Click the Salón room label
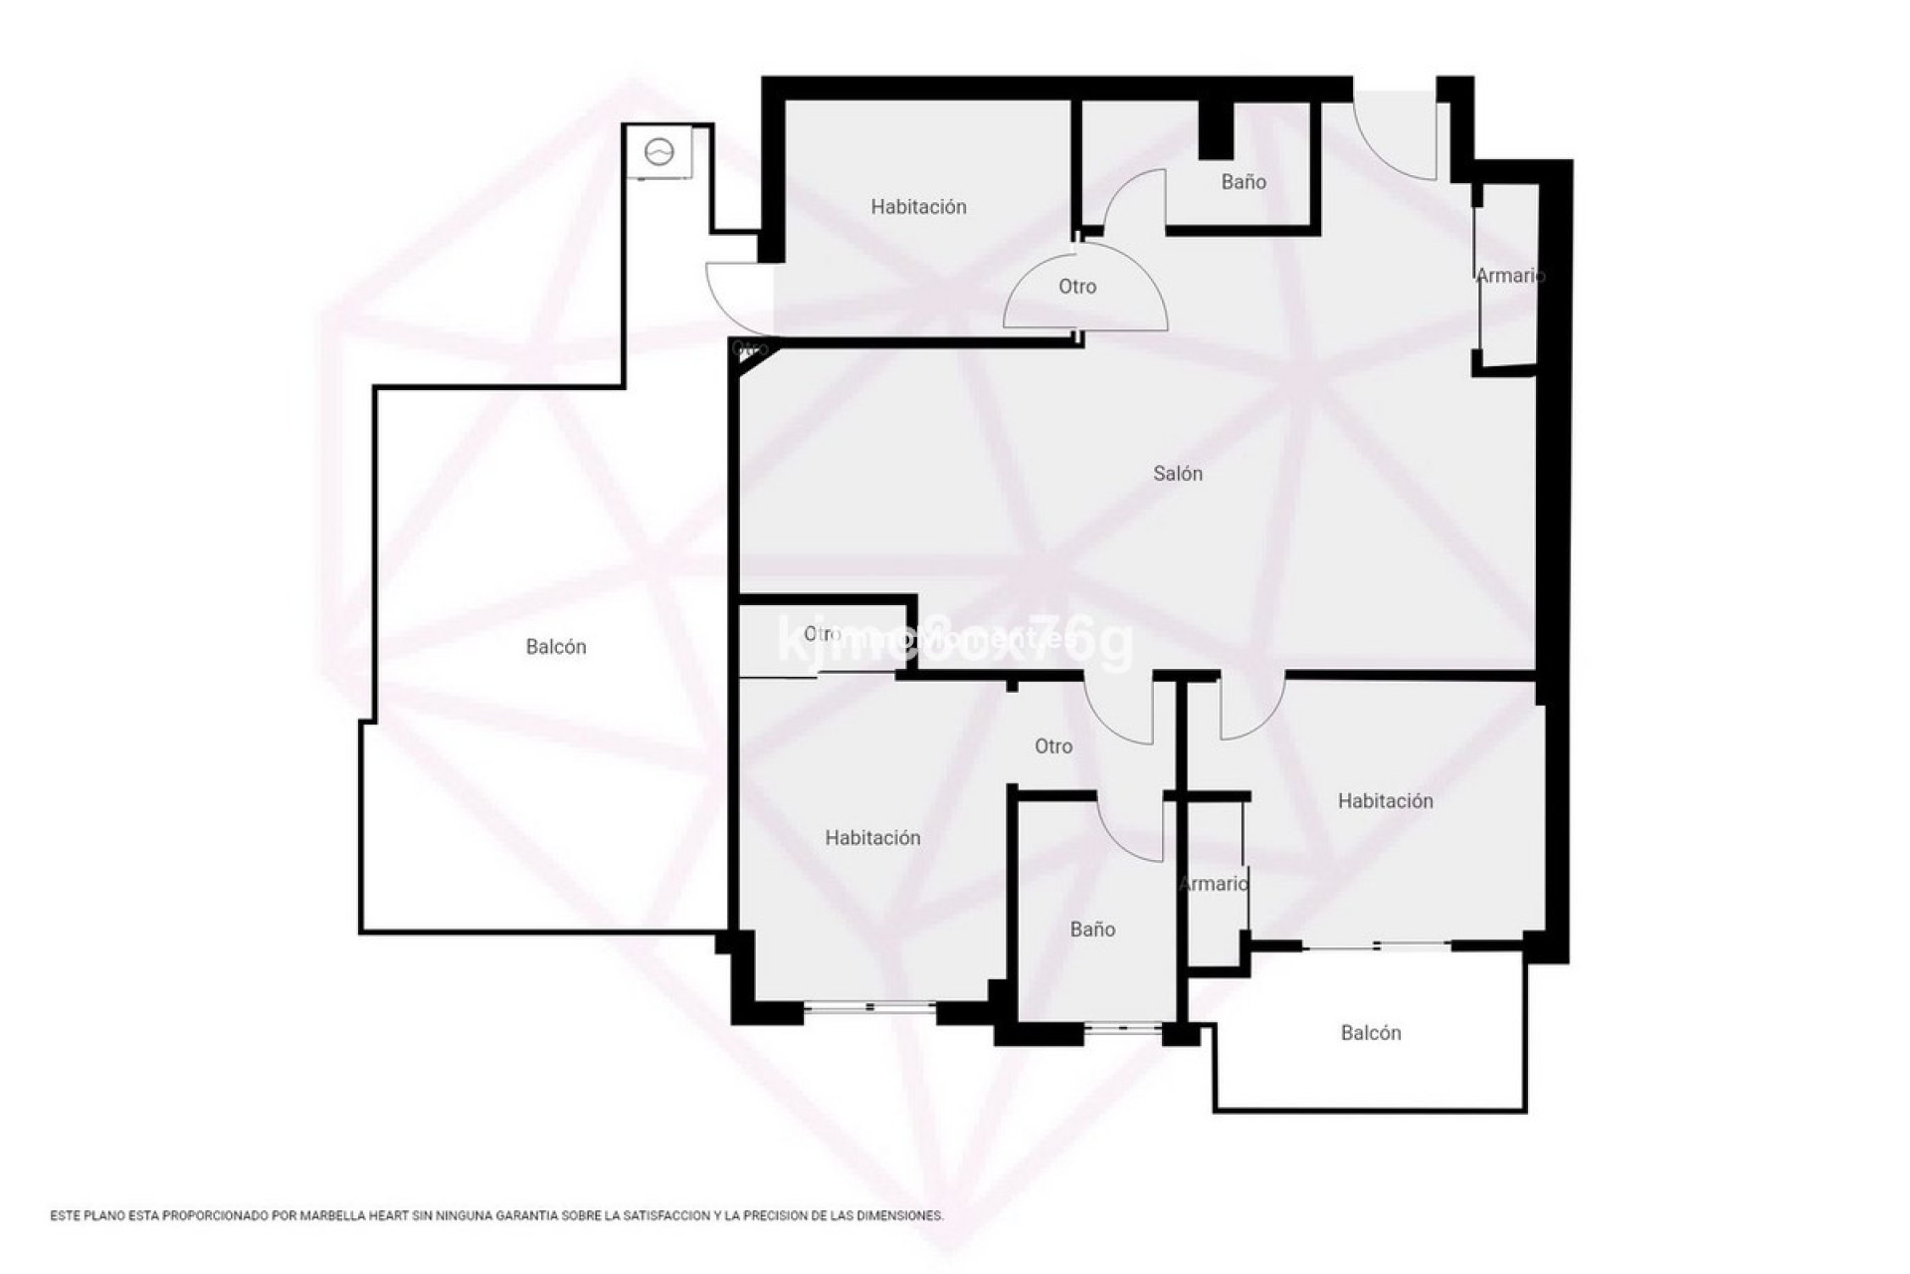tap(1178, 474)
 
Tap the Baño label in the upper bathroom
tap(1243, 182)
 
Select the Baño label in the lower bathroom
tap(1092, 930)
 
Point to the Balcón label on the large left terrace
tap(556, 647)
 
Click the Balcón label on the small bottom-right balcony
tap(1371, 1033)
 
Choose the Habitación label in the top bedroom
tap(918, 207)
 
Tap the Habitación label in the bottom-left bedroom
tap(872, 838)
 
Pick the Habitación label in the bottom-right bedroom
tap(1385, 801)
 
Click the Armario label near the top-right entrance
tap(1509, 276)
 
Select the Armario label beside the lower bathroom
tap(1214, 884)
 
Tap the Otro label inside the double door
tap(1077, 287)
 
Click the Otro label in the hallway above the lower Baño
tap(1053, 746)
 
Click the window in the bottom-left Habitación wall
tap(869, 1008)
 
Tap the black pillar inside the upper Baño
tap(1215, 130)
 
